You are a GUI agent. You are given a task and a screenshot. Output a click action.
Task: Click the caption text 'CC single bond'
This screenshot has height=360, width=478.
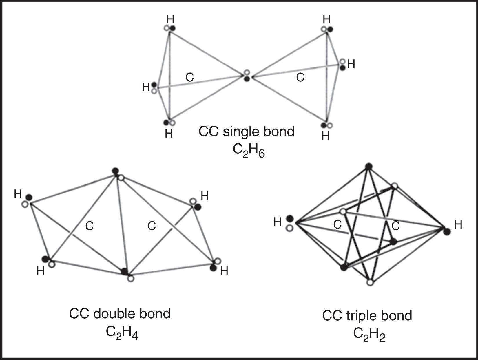click(x=246, y=131)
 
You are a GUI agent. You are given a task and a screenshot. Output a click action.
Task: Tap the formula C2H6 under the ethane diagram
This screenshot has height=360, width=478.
click(x=249, y=150)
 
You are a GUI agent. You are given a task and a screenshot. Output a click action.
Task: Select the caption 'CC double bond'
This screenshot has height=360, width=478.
click(x=120, y=314)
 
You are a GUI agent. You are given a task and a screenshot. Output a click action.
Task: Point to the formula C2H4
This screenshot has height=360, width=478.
click(x=122, y=332)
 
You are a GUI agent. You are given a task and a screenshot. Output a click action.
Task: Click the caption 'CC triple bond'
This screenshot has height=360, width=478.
click(x=367, y=316)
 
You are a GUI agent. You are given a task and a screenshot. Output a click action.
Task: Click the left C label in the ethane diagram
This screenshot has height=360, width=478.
click(x=189, y=77)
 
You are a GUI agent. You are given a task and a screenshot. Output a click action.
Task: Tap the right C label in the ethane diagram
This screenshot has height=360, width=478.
click(x=300, y=77)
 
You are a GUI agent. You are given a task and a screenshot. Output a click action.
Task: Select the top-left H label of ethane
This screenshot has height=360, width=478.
click(x=170, y=19)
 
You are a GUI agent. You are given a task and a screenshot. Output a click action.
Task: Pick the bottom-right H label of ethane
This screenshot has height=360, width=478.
click(x=326, y=136)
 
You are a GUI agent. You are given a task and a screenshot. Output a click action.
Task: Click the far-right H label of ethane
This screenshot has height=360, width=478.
click(x=351, y=64)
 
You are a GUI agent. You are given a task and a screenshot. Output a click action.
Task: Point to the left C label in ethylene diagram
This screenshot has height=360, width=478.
click(x=89, y=226)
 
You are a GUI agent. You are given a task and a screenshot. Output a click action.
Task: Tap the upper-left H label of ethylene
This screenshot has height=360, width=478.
click(x=18, y=194)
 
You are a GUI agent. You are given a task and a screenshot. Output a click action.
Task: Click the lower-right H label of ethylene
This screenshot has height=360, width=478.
click(x=224, y=271)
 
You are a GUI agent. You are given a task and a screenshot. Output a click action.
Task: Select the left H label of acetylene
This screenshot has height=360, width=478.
click(x=277, y=222)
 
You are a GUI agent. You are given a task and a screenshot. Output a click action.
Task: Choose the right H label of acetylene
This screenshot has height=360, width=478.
click(x=458, y=224)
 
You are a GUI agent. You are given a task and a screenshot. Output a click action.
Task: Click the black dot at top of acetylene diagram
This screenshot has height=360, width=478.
click(x=368, y=167)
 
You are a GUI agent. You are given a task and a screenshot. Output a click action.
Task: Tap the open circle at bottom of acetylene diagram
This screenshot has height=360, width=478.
click(x=370, y=283)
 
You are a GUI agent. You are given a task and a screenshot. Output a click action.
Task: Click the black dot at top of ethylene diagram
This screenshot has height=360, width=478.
click(x=115, y=171)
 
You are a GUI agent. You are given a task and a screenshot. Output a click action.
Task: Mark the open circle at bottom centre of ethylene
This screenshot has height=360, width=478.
click(x=131, y=278)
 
